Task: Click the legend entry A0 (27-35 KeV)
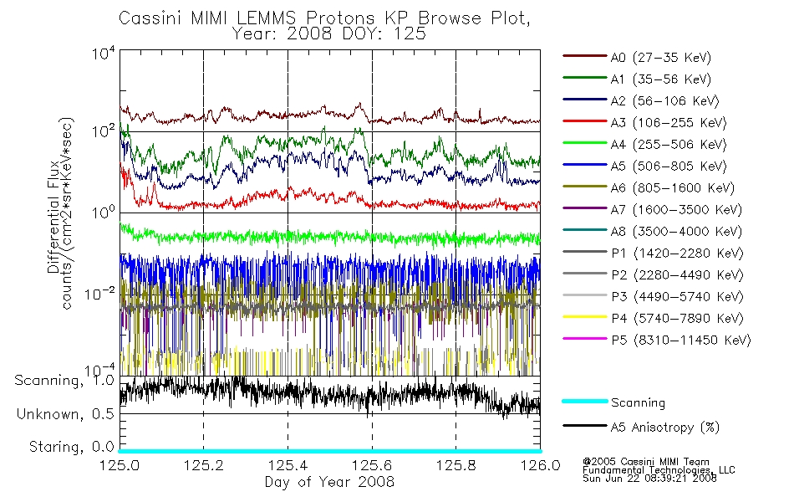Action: coord(660,57)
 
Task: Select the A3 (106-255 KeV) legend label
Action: coord(668,123)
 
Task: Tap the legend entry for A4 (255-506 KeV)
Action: coord(668,145)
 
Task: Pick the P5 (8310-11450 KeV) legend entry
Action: coord(680,340)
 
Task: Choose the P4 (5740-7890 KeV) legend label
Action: coord(677,319)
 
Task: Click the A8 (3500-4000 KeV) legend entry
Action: coord(676,231)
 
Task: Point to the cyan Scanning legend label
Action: coord(638,402)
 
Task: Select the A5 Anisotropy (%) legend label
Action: coord(665,428)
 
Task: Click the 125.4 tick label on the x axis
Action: coord(288,465)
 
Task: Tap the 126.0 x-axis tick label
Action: coord(540,465)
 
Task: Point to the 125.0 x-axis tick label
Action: coord(120,465)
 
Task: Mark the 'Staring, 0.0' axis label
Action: coord(71,447)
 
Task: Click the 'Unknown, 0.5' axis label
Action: coord(65,414)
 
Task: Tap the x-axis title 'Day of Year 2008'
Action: coord(329,482)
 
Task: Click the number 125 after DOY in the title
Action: coord(410,33)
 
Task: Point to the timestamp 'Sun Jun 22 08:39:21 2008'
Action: coord(649,479)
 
